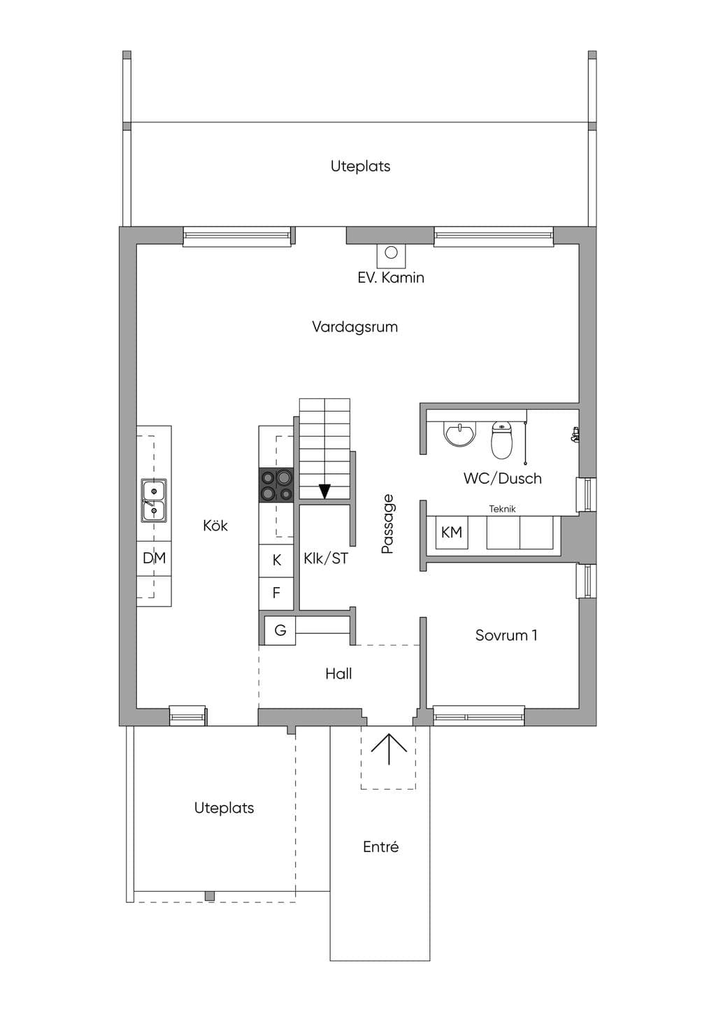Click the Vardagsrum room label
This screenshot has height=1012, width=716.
[355, 327]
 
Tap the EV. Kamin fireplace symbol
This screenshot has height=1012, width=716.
[392, 255]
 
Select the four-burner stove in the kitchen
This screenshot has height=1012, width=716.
[276, 485]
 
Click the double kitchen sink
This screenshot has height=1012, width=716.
[154, 500]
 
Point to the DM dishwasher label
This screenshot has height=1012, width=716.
[154, 558]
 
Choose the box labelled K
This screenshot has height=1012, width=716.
[277, 561]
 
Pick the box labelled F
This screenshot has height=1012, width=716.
[277, 593]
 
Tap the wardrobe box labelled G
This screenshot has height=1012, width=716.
[280, 630]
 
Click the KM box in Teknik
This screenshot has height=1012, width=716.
[452, 532]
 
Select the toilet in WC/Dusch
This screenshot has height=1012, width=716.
[503, 440]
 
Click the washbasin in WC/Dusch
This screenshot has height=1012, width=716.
[460, 433]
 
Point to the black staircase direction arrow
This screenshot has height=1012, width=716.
[324, 491]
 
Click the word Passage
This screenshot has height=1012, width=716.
[388, 523]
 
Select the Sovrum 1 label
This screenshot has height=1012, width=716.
[506, 635]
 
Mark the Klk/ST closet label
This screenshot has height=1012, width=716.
[326, 558]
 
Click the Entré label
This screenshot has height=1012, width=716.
[380, 846]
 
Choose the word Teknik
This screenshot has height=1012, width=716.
[502, 509]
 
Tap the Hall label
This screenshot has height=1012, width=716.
[338, 674]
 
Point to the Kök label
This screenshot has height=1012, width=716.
[215, 526]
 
